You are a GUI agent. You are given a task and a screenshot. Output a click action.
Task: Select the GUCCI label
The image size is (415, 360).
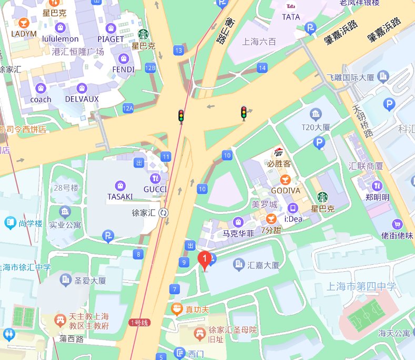(x=155, y=190)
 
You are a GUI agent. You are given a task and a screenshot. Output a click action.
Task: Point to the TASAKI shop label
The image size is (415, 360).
(x=120, y=196)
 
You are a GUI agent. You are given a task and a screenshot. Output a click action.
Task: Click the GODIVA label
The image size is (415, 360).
(x=286, y=190)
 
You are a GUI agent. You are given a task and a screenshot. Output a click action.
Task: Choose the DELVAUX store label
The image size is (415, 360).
(x=82, y=99)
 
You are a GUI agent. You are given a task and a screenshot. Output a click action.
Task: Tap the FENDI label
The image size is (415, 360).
(x=124, y=69)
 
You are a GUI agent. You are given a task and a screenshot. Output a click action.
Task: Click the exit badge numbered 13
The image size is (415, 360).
(x=179, y=50)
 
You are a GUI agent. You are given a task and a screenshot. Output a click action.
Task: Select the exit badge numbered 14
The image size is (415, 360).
(x=262, y=68)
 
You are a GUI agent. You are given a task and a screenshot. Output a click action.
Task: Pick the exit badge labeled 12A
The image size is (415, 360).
(x=128, y=108)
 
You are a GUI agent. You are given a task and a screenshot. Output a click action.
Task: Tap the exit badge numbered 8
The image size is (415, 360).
(x=139, y=255)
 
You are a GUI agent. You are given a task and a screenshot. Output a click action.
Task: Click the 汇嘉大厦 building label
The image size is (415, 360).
(x=263, y=265)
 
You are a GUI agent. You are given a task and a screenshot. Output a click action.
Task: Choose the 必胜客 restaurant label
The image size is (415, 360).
(x=279, y=163)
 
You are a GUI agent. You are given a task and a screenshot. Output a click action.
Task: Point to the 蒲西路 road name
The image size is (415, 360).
(x=72, y=339)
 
